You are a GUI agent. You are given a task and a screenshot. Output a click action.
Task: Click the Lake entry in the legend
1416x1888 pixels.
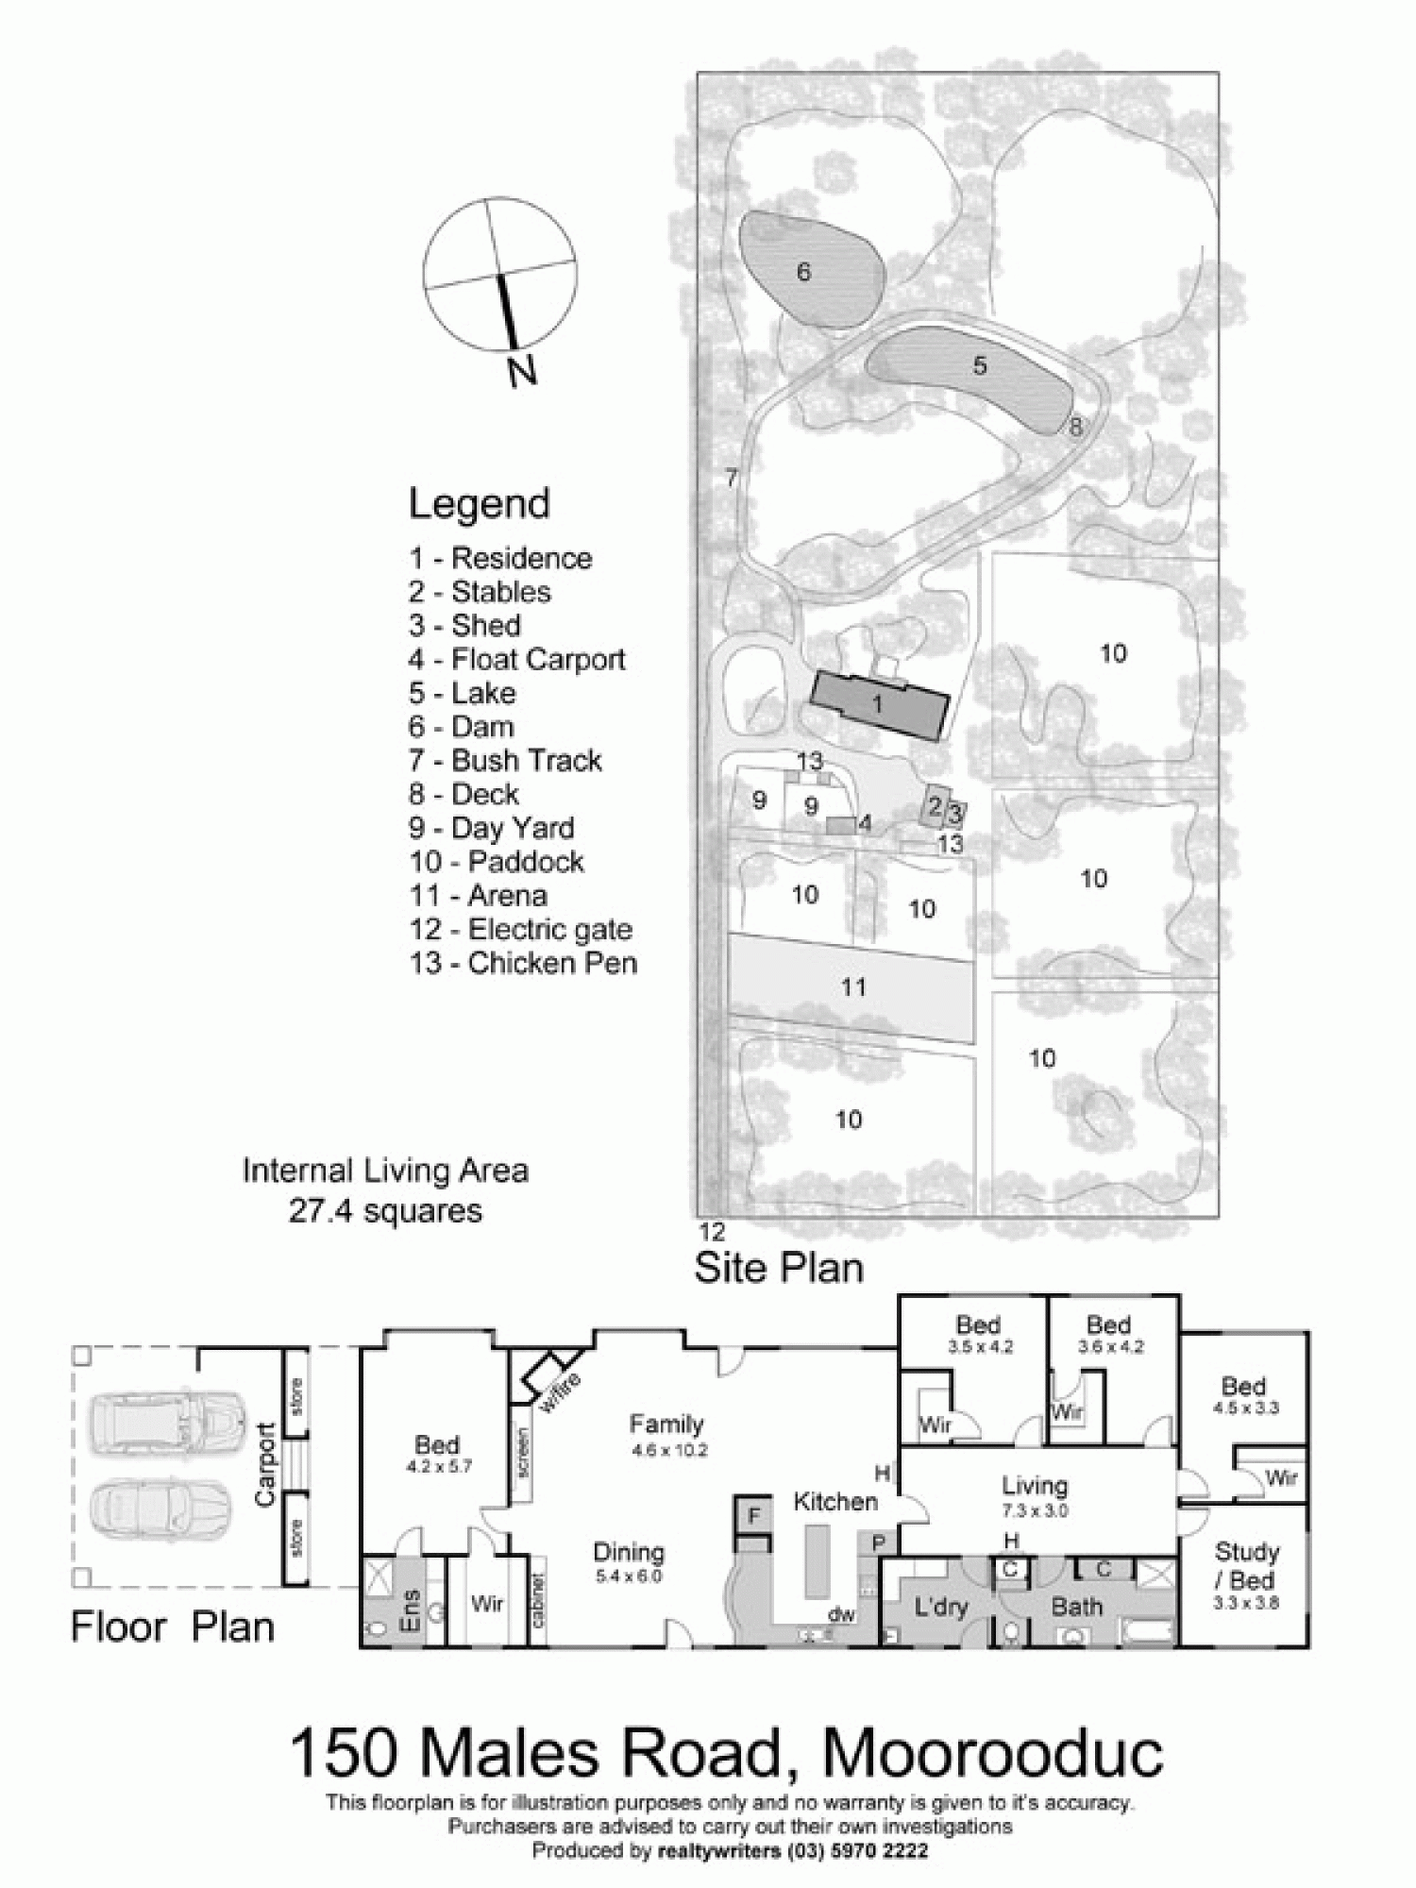tap(462, 693)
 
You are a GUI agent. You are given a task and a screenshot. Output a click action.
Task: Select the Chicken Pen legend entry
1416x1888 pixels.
tap(523, 963)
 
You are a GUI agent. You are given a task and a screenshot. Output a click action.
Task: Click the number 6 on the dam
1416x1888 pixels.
tap(803, 272)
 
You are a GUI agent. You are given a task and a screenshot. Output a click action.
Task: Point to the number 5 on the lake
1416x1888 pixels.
tap(980, 365)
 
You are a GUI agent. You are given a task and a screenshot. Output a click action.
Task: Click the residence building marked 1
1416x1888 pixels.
tap(879, 704)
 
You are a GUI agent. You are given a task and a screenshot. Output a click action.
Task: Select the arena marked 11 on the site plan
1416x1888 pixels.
tap(852, 987)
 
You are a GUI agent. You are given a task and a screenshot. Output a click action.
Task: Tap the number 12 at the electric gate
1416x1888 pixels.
tap(712, 1231)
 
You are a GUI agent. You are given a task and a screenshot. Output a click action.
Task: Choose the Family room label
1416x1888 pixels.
tap(666, 1424)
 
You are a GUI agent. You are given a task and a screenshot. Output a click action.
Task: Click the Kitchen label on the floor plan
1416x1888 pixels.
tap(834, 1501)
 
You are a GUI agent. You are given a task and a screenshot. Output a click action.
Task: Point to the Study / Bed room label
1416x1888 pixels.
tap(1246, 1567)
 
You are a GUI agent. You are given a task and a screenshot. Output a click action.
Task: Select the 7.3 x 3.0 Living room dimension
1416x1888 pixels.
tap(1035, 1510)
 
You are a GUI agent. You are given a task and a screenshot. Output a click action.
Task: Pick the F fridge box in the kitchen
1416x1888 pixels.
tap(754, 1516)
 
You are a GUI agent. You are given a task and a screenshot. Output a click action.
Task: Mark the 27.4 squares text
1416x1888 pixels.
tap(385, 1211)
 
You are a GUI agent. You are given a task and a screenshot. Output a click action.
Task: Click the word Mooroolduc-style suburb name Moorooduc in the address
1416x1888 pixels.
tap(993, 1754)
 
